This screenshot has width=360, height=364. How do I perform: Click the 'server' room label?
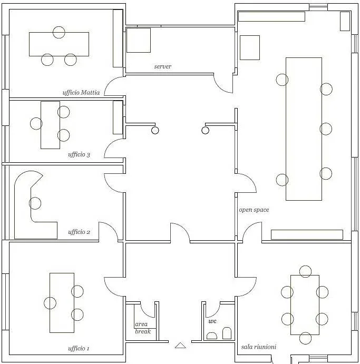162,66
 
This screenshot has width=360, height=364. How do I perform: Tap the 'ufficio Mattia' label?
81,93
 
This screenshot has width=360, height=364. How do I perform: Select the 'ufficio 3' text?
79,154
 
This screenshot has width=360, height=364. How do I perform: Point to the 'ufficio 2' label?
79,232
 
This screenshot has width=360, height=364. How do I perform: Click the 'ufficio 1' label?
79,348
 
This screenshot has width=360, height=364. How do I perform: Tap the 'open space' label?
254,210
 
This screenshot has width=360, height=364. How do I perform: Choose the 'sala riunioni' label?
258,347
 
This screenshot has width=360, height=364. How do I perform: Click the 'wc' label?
212,321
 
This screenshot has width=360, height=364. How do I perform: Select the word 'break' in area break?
143,331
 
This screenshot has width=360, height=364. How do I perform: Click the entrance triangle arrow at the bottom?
180,346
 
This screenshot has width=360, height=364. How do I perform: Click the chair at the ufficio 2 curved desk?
35,203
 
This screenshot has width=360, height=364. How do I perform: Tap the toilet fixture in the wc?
227,333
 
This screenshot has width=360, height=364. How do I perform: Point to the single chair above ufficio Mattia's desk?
59,32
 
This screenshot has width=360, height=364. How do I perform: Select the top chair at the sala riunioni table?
305,272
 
